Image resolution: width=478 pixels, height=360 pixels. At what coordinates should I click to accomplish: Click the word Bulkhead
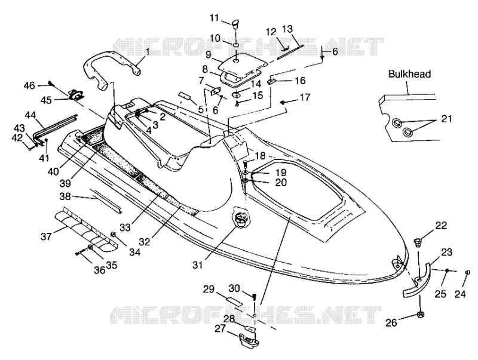pyautogui.click(x=409, y=74)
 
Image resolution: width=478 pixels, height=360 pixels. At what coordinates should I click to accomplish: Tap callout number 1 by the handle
pyautogui.click(x=148, y=52)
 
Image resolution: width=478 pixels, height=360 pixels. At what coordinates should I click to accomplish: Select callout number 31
pyautogui.click(x=198, y=265)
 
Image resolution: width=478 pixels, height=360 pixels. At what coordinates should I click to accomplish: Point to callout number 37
pyautogui.click(x=46, y=236)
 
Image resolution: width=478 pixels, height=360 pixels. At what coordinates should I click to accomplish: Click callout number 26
pyautogui.click(x=391, y=322)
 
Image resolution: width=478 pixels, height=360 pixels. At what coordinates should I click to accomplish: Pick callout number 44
pyautogui.click(x=30, y=115)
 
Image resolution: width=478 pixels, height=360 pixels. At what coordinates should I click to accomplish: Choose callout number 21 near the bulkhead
pyautogui.click(x=446, y=118)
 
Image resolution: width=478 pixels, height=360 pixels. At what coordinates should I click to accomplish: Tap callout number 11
pyautogui.click(x=215, y=18)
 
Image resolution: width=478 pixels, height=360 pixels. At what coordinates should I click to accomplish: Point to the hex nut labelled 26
pyautogui.click(x=420, y=315)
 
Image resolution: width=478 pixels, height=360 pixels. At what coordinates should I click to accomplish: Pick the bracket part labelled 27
pyautogui.click(x=249, y=340)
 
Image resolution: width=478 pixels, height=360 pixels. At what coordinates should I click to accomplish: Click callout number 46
pyautogui.click(x=29, y=85)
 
